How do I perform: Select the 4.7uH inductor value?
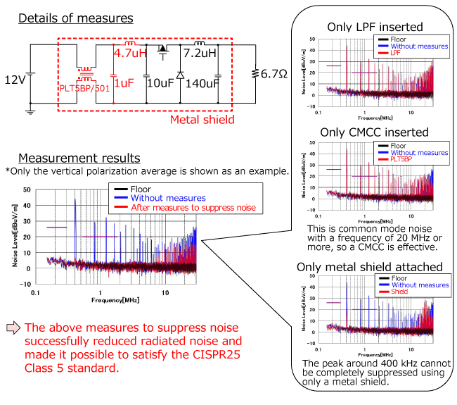(130, 51)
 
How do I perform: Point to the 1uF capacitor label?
(124, 82)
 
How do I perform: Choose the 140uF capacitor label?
(202, 82)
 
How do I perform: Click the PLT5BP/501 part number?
(87, 88)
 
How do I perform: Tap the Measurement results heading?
(79, 158)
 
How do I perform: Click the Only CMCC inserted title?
(373, 132)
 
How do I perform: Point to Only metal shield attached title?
(373, 267)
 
